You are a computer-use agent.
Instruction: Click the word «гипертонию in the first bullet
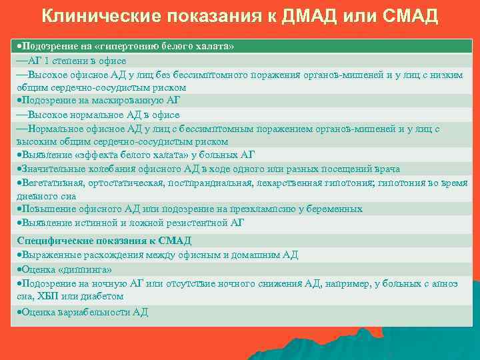point(129,47)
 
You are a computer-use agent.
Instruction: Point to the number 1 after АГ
point(45,61)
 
